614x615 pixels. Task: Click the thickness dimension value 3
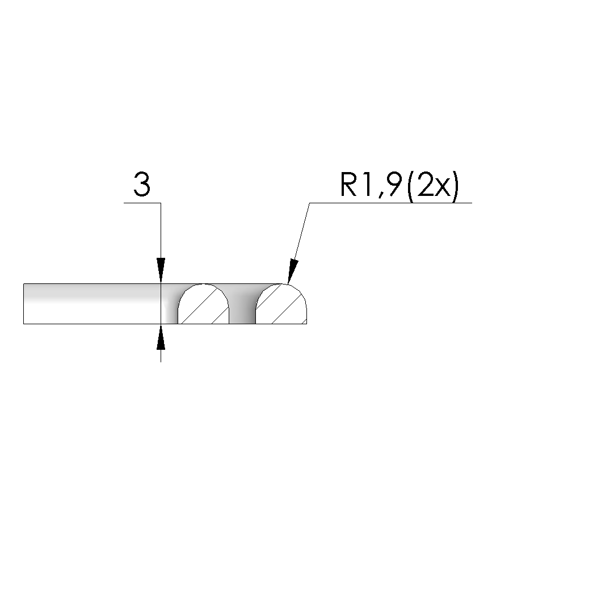click(142, 184)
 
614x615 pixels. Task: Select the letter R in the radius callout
click(349, 185)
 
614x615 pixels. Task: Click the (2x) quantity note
click(432, 187)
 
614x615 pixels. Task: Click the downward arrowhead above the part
click(161, 270)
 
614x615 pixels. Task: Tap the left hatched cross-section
click(204, 304)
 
